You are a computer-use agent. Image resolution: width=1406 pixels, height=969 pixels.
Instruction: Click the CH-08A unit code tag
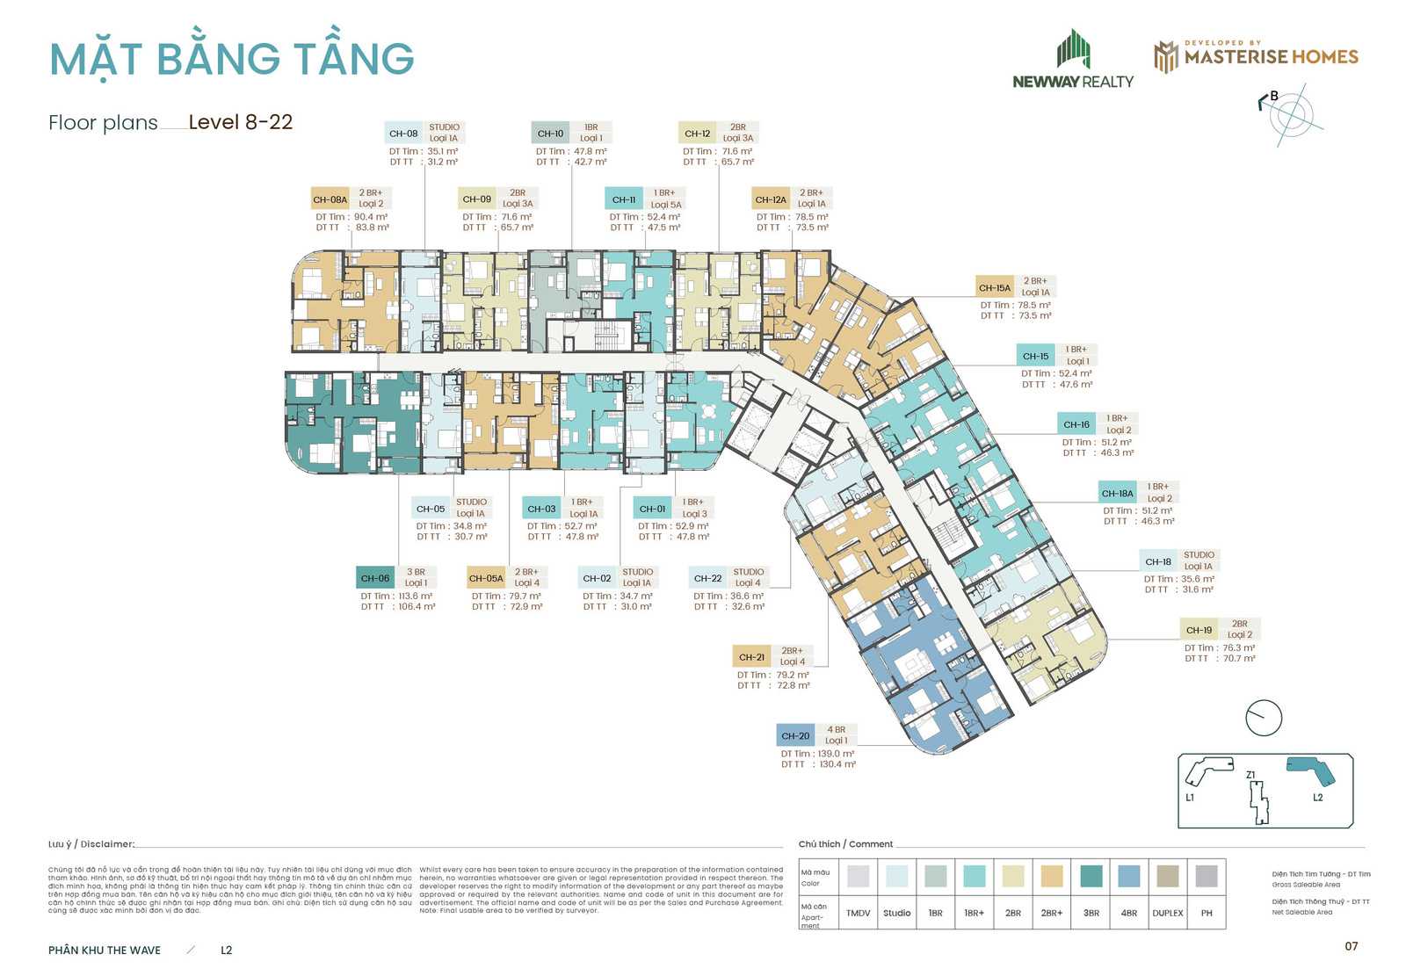(330, 199)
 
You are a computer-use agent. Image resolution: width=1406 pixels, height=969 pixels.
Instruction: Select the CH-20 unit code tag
(795, 736)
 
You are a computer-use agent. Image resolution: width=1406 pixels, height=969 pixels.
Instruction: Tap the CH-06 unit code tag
(375, 578)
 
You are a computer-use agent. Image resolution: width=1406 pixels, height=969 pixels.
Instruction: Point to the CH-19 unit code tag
(1199, 630)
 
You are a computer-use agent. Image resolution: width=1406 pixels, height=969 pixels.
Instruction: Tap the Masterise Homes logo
(1256, 56)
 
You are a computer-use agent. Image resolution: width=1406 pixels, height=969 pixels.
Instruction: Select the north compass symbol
(1290, 114)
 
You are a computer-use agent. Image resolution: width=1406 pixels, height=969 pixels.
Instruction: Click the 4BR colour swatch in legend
(1129, 876)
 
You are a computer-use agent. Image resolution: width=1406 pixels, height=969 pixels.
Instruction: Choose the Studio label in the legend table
(897, 913)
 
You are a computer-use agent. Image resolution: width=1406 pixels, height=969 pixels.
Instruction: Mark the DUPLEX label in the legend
(1168, 913)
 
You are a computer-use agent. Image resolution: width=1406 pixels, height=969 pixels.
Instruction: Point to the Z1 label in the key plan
(1250, 775)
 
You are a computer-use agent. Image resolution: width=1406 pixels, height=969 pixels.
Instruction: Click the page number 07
(1352, 946)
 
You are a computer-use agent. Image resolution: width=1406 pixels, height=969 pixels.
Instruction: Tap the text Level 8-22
(241, 122)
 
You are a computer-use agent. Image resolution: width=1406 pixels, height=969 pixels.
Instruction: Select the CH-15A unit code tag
(995, 287)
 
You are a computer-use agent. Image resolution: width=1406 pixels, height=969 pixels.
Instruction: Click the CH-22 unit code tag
(707, 578)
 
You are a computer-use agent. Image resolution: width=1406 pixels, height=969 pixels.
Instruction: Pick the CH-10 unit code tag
(550, 134)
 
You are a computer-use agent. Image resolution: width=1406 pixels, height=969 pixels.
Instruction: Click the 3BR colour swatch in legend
(1091, 876)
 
